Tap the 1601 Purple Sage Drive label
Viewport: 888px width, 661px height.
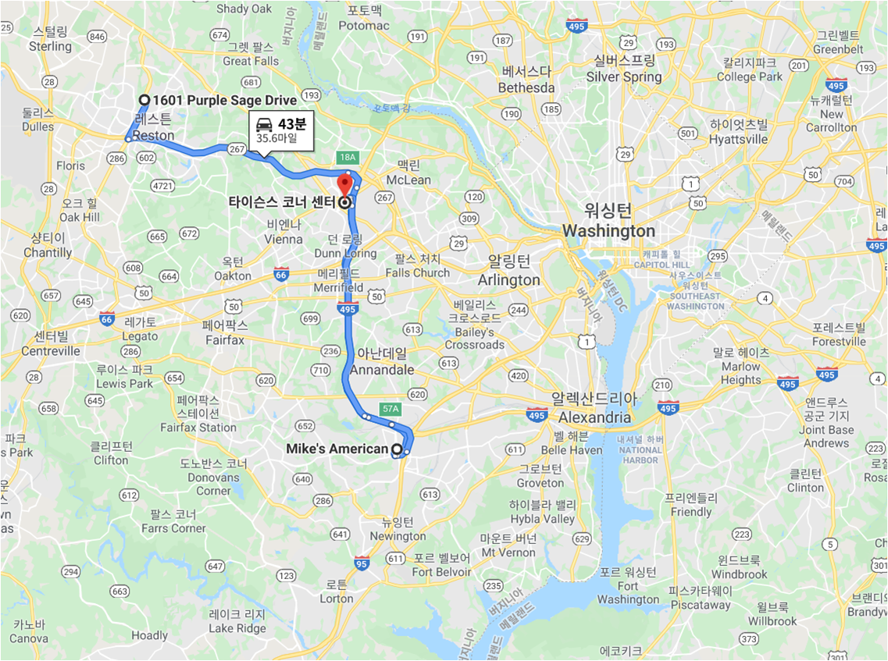pos(224,100)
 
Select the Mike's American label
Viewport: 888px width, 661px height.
pos(337,449)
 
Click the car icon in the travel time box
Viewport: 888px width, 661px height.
pos(265,124)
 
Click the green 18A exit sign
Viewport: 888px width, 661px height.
pos(348,157)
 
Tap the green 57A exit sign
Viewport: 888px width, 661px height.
pos(390,408)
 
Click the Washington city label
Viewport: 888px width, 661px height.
pos(608,231)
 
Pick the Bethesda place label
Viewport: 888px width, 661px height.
pos(526,87)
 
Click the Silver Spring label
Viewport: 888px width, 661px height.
pos(624,76)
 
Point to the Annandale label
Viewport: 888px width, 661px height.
pos(382,370)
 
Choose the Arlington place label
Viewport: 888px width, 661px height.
pos(508,279)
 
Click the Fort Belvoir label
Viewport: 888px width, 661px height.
pos(441,572)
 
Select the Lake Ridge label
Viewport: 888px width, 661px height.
pos(237,628)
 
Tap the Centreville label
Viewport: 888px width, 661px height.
pos(51,351)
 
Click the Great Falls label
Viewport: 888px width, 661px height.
pos(251,61)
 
